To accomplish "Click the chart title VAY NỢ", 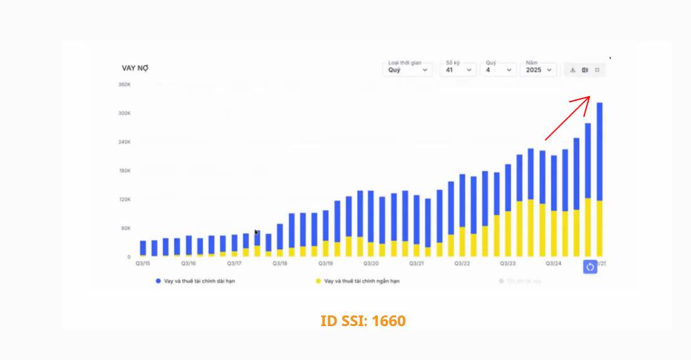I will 135,68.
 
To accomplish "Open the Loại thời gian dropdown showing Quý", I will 408,70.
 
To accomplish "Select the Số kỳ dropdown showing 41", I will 459,70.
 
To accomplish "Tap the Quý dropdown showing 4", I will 499,70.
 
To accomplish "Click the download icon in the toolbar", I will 572,70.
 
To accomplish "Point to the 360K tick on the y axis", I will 124,84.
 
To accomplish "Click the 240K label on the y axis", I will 124,142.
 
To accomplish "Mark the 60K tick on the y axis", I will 125,228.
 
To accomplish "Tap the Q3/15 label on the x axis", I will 143,264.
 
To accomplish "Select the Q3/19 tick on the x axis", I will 325,264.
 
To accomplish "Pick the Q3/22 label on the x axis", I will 462,264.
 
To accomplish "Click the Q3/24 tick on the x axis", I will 554,264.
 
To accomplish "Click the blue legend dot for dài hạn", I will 158,281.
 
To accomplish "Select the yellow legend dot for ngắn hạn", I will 318,281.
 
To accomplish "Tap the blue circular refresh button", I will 590,267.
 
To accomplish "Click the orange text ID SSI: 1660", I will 363,321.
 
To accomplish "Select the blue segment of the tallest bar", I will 599,151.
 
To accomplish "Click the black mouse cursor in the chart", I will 256,233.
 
